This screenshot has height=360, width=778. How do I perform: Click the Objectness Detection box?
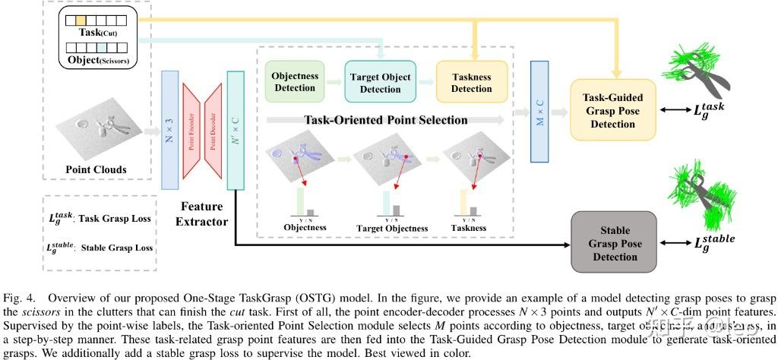coord(295,82)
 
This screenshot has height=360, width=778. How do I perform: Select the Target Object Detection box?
coord(380,82)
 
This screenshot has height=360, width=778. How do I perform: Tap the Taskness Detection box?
coord(471,83)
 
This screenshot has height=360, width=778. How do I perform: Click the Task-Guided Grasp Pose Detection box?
coord(613,110)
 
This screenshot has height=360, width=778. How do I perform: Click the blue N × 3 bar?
coord(170,129)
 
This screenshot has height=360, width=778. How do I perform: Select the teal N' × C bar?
coord(236,129)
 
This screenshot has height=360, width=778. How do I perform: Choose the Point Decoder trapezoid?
coord(214,130)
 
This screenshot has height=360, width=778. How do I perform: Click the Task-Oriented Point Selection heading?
coord(386,120)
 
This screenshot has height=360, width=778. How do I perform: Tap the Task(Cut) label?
coord(99,33)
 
